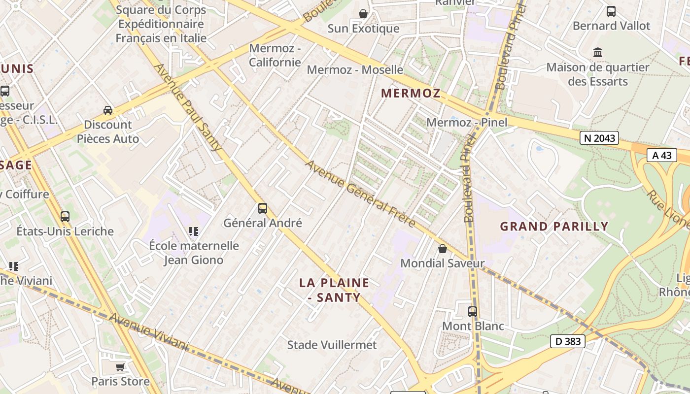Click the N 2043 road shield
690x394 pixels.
[600, 138]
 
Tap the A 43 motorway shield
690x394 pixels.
[661, 155]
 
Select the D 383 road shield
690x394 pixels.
[567, 341]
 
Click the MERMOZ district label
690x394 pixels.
[411, 93]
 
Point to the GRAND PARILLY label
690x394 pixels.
[554, 227]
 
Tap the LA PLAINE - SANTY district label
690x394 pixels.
[334, 290]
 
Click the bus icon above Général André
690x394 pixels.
[263, 208]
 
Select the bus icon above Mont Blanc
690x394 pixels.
[473, 311]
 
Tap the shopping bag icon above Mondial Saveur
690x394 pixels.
[443, 249]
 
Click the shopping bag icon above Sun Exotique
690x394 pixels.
[363, 14]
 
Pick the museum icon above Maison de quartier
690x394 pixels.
[598, 52]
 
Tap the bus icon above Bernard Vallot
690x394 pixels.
[611, 11]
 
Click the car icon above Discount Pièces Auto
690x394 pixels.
[108, 110]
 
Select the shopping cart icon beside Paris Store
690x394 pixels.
[120, 367]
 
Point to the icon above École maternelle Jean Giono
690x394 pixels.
[194, 231]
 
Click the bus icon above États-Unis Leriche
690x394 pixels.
[65, 216]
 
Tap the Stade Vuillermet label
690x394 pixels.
[332, 345]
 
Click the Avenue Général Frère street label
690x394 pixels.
[360, 193]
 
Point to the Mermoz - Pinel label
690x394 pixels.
[466, 122]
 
